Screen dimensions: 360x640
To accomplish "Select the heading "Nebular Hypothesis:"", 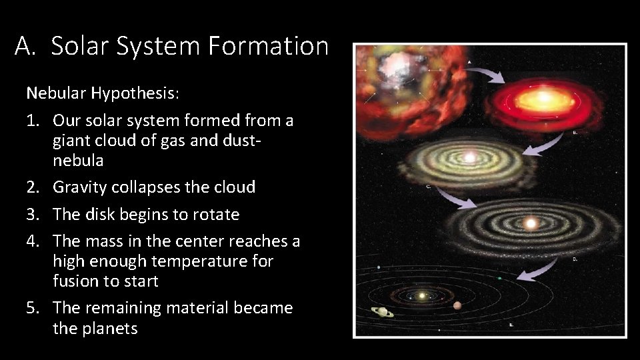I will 103,93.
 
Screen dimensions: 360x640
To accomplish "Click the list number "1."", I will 35,121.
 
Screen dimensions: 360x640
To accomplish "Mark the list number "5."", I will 35,308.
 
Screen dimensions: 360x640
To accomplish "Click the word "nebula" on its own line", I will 78,161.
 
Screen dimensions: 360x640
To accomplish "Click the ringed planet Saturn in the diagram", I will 382,311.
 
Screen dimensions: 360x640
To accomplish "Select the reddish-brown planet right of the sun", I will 457,305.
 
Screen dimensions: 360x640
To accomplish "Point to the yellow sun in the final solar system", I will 421,295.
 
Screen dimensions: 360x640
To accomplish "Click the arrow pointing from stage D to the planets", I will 537,269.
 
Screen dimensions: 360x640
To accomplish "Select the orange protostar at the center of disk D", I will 531,222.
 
